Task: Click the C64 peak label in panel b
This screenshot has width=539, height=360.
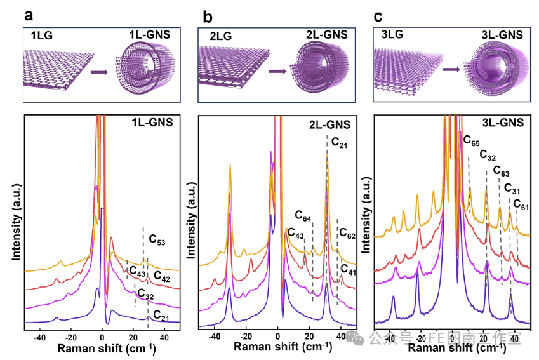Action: pyautogui.click(x=303, y=219)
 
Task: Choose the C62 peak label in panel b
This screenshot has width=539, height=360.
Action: pyautogui.click(x=347, y=232)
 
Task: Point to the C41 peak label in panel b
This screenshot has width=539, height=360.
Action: pyautogui.click(x=349, y=269)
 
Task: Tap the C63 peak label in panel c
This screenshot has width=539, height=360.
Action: pyautogui.click(x=502, y=172)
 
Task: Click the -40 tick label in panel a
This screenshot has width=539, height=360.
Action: pyautogui.click(x=39, y=337)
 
